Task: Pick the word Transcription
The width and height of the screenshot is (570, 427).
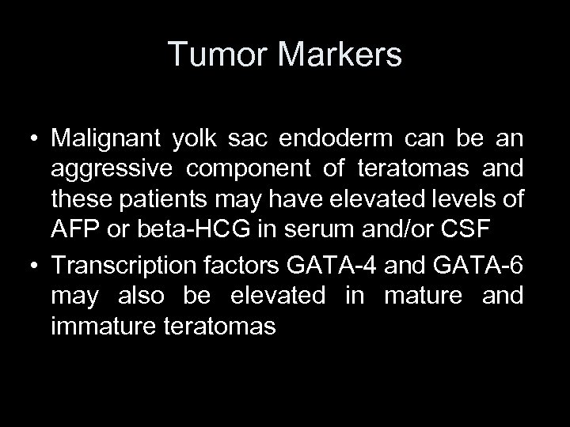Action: (x=129, y=267)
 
